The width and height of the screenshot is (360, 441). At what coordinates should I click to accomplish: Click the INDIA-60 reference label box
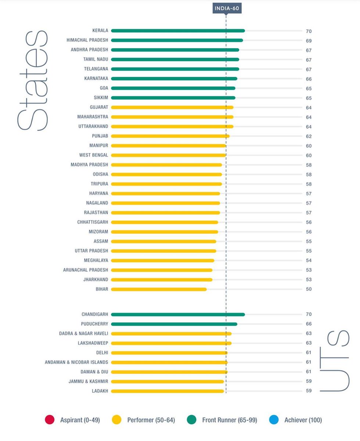(227, 8)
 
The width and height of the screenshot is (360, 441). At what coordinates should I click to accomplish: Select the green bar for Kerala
(178, 31)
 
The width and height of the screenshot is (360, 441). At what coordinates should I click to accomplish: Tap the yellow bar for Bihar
(159, 289)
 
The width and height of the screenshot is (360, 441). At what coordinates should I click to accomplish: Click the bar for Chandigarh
(178, 315)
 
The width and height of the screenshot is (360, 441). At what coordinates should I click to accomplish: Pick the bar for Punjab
(170, 136)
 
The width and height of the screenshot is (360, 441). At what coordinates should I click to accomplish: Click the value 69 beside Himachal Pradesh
(309, 41)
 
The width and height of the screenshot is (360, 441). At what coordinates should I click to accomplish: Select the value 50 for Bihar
(309, 289)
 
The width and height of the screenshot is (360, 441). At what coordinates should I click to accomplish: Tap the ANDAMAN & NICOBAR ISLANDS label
(76, 362)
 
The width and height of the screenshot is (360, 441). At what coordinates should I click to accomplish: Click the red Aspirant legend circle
(50, 420)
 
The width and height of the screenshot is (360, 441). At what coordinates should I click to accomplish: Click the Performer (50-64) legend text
(151, 420)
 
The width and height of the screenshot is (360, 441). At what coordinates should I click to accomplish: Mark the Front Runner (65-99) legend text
(230, 420)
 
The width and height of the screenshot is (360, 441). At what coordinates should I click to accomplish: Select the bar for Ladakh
(168, 391)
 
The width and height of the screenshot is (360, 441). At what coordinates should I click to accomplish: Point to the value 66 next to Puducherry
(309, 324)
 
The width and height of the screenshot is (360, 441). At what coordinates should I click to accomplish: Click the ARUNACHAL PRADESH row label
(86, 270)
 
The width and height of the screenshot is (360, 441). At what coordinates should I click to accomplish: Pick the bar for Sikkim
(173, 98)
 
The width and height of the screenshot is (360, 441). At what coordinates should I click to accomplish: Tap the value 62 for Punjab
(309, 136)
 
